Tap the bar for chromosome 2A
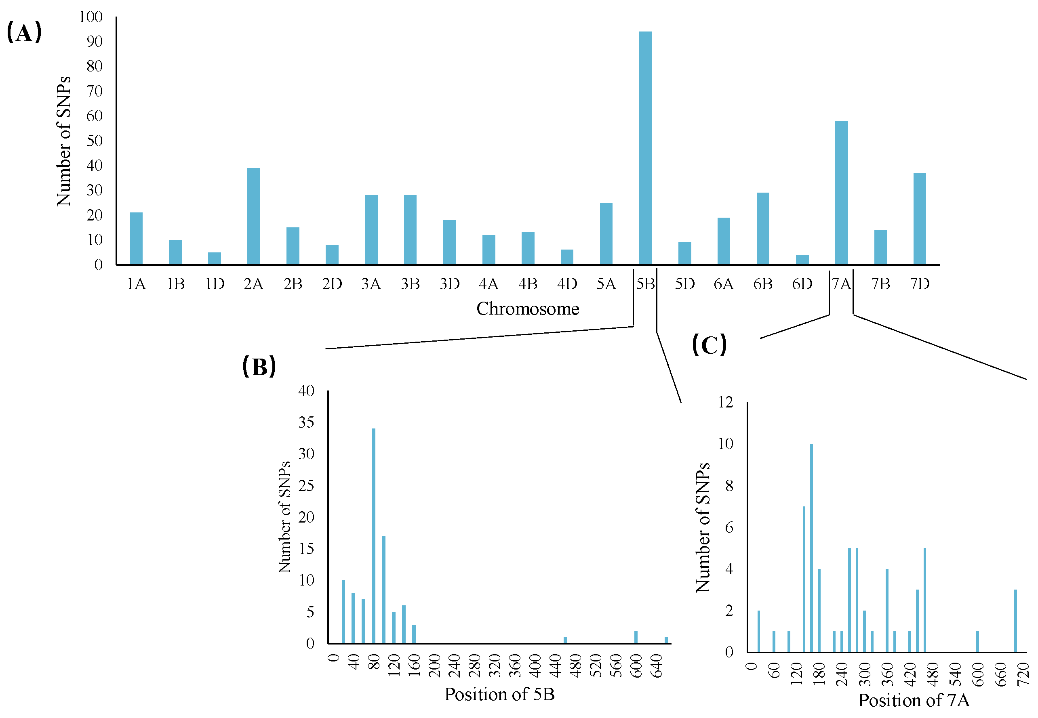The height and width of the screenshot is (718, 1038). [253, 216]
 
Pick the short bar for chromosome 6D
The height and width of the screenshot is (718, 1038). [802, 260]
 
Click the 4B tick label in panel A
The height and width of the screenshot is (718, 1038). [528, 284]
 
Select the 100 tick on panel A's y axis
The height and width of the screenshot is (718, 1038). [91, 17]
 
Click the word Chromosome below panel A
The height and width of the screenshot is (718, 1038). [528, 309]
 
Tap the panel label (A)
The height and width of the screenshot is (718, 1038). [24, 32]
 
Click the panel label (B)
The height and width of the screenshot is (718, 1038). [259, 366]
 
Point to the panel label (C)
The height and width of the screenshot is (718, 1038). [709, 345]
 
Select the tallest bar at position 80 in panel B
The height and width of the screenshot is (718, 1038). [373, 535]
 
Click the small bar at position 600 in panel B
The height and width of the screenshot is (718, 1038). [636, 636]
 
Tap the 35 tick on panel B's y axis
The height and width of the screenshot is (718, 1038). [306, 422]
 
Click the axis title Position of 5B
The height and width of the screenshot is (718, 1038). [499, 694]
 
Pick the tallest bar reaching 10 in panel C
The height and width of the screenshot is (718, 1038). [811, 548]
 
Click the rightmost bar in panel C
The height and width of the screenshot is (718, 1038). [1015, 620]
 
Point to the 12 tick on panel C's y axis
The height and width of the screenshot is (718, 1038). [725, 402]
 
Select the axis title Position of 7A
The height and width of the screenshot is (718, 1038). [913, 701]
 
